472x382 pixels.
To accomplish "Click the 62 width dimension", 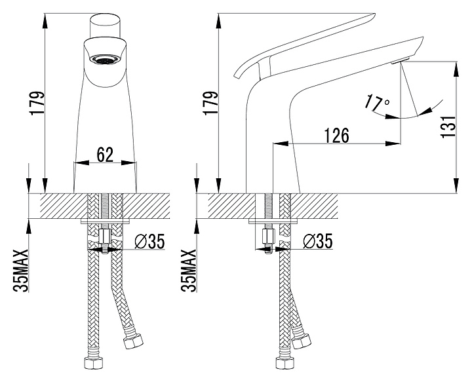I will click(105, 155).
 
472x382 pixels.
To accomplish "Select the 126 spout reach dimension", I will click(336, 135).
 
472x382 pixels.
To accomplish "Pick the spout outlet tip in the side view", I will click(399, 61).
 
